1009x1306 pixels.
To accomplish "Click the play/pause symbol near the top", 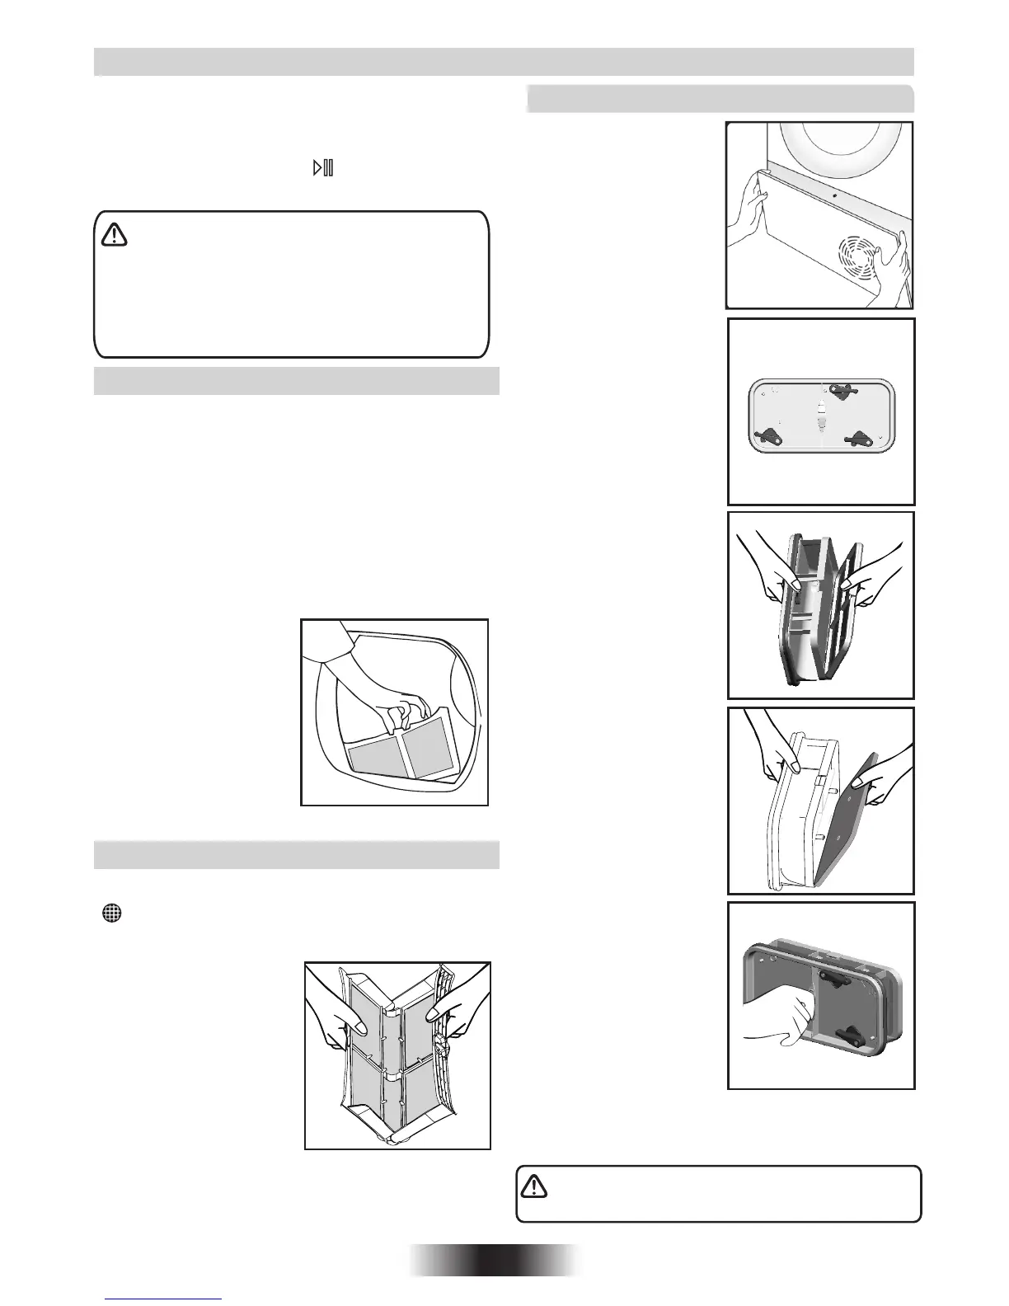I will coord(322,168).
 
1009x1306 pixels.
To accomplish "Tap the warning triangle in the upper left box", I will coord(115,236).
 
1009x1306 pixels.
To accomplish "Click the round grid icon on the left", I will coord(112,913).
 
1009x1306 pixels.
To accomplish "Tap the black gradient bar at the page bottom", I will coord(495,1260).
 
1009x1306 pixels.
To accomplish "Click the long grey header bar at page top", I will coord(504,62).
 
